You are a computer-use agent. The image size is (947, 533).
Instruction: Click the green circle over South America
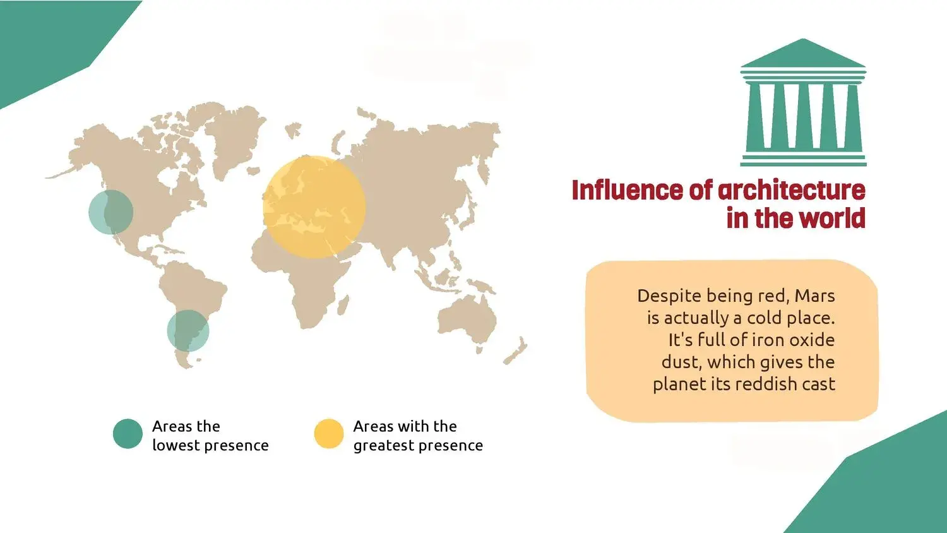[188, 331]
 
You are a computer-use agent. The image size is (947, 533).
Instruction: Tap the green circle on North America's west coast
[110, 212]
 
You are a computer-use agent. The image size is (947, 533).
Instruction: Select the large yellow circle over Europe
[314, 207]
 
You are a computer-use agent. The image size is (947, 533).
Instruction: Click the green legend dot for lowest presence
[128, 434]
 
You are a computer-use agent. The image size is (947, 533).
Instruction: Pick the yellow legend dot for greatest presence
[329, 434]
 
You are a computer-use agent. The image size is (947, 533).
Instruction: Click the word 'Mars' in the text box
[814, 296]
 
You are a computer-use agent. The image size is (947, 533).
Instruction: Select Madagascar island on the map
[343, 306]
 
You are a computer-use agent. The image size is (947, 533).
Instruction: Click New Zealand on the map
[516, 352]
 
